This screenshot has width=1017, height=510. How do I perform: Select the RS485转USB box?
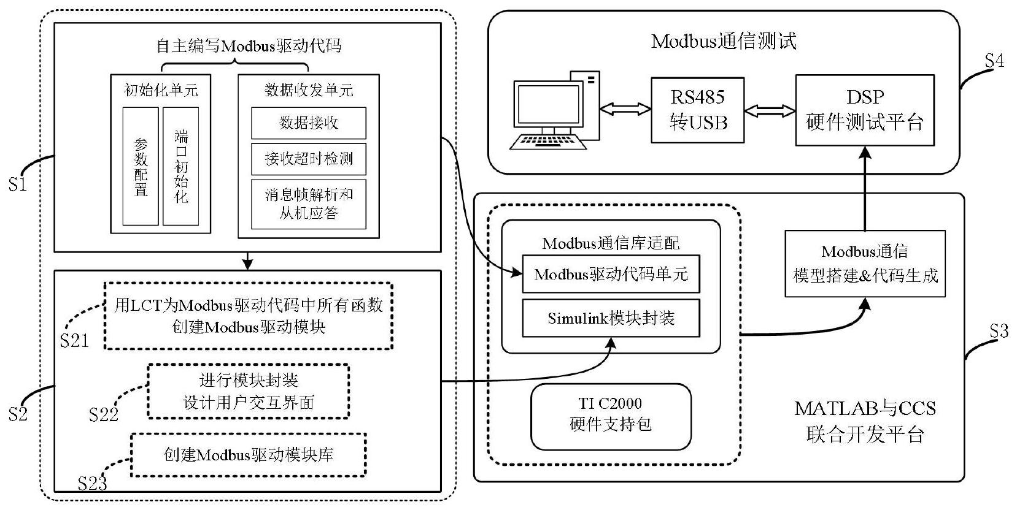click(698, 110)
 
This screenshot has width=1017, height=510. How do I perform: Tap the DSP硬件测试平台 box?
click(864, 110)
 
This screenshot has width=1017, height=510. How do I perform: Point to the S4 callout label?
click(994, 61)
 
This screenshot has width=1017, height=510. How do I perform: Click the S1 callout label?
click(18, 184)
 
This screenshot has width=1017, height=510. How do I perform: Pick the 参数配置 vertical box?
click(141, 166)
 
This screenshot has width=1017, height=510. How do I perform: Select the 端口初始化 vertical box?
click(181, 166)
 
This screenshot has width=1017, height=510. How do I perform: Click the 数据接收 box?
click(309, 123)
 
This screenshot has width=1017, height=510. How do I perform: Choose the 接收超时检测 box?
click(309, 159)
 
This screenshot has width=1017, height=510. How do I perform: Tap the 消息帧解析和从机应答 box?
click(309, 204)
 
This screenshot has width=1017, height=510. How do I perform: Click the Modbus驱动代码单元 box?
click(611, 274)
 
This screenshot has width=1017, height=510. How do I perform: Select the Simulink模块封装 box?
click(611, 318)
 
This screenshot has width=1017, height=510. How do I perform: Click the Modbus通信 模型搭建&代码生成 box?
click(865, 264)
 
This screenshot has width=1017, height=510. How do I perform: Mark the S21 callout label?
click(74, 341)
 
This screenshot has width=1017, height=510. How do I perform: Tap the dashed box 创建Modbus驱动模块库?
click(249, 455)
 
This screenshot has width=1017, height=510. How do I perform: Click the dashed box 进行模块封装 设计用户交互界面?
click(249, 391)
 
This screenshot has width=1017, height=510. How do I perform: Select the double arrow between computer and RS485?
click(625, 109)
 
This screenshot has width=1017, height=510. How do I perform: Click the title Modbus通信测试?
click(724, 42)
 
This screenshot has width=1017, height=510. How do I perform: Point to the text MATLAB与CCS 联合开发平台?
click(865, 421)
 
